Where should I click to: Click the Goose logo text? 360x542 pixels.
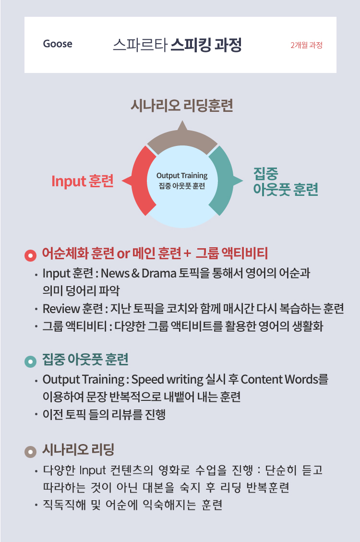point(58,44)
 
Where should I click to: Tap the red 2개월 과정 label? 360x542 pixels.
point(306,46)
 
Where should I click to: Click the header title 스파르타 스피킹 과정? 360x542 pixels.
point(177,45)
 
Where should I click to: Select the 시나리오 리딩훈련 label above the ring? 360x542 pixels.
point(182,106)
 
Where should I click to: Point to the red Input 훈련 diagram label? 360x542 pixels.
point(82,181)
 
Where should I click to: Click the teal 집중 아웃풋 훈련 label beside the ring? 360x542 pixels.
point(285,181)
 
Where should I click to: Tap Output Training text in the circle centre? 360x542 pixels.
point(182,176)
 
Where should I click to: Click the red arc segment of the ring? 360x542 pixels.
point(143,181)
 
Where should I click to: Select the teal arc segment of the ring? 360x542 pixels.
point(222,181)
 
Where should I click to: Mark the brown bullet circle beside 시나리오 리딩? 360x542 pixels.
point(30,452)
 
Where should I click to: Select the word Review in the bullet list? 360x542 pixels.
point(57,309)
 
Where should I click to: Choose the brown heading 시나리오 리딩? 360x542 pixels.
point(78,450)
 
